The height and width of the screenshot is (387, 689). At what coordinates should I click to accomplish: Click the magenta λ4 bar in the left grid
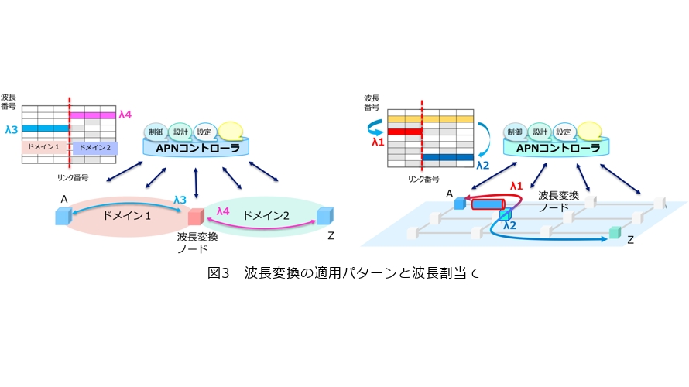pos(93,115)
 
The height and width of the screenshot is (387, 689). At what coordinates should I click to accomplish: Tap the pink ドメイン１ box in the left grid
pos(45,147)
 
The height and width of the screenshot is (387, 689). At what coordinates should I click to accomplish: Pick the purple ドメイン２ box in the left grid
pos(93,147)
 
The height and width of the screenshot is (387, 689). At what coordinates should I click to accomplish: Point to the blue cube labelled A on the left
pos(63,216)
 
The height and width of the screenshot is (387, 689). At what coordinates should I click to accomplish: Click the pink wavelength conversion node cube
pos(194,217)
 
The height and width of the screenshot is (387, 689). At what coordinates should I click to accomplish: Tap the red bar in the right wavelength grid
pos(404,132)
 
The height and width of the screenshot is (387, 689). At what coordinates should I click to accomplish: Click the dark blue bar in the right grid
pos(447,158)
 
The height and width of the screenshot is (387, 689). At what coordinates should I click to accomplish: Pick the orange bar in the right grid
pos(429,118)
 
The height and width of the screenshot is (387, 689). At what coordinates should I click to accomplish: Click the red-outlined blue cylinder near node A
pos(485,205)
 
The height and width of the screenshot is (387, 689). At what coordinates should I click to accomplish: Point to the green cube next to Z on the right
pos(615,231)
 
